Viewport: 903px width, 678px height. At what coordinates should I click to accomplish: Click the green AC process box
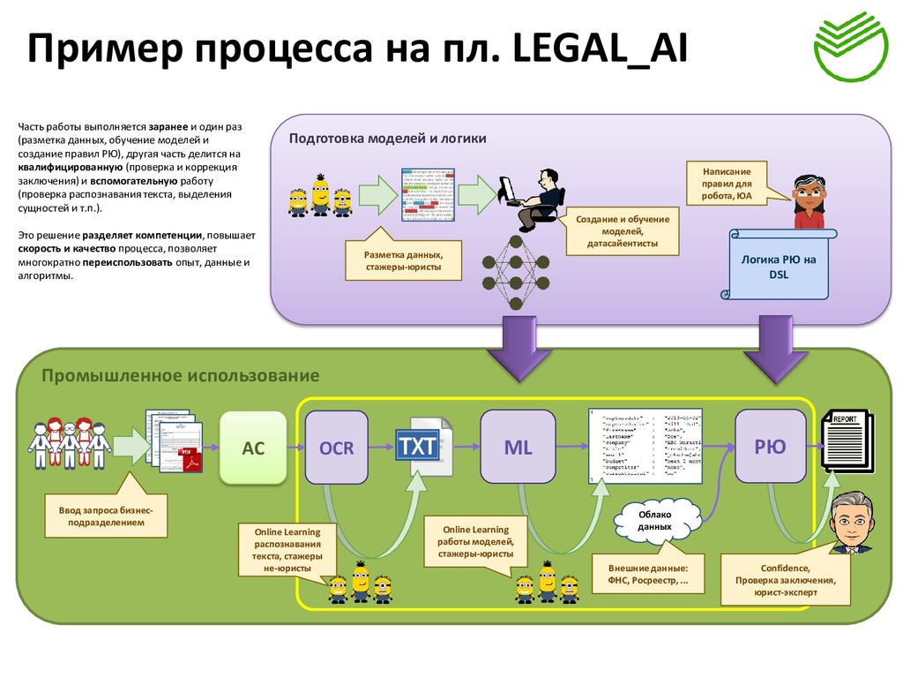click(x=253, y=448)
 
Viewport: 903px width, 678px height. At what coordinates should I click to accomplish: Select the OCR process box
click(x=336, y=448)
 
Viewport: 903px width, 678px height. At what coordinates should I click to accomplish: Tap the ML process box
click(x=518, y=447)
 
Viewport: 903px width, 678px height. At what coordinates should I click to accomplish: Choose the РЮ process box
click(x=770, y=447)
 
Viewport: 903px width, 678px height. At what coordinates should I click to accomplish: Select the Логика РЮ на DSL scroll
click(x=779, y=265)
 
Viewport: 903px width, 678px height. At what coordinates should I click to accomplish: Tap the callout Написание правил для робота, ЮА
click(x=727, y=183)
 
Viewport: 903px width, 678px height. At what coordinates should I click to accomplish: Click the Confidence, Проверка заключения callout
click(x=785, y=579)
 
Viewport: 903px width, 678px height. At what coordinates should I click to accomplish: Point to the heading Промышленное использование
click(x=180, y=375)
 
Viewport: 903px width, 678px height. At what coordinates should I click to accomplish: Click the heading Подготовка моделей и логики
click(x=387, y=139)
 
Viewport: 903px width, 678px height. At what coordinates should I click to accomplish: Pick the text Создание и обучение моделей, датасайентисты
click(x=622, y=231)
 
